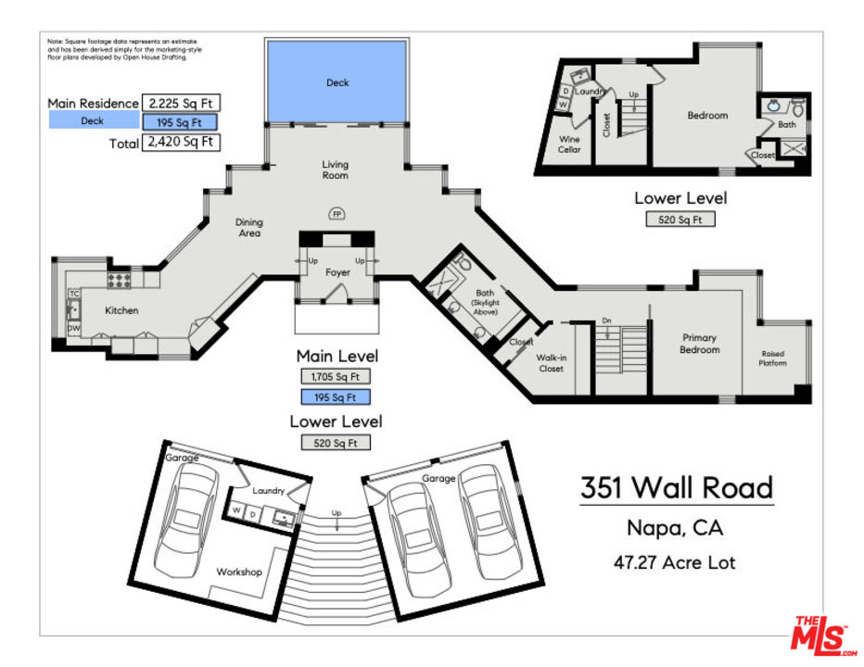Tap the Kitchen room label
[x=121, y=310]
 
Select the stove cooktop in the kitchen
[x=119, y=278]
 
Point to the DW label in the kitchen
[x=73, y=328]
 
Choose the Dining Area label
[x=248, y=227]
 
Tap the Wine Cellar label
[x=569, y=145]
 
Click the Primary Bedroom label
[x=700, y=344]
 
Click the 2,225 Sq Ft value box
[x=181, y=104]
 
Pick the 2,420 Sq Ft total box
[x=181, y=143]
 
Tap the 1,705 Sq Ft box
[x=335, y=377]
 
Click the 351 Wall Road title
[x=676, y=487]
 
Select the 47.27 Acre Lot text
[x=675, y=561]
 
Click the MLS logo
[x=820, y=636]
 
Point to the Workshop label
[x=239, y=572]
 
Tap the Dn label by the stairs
[x=607, y=321]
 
